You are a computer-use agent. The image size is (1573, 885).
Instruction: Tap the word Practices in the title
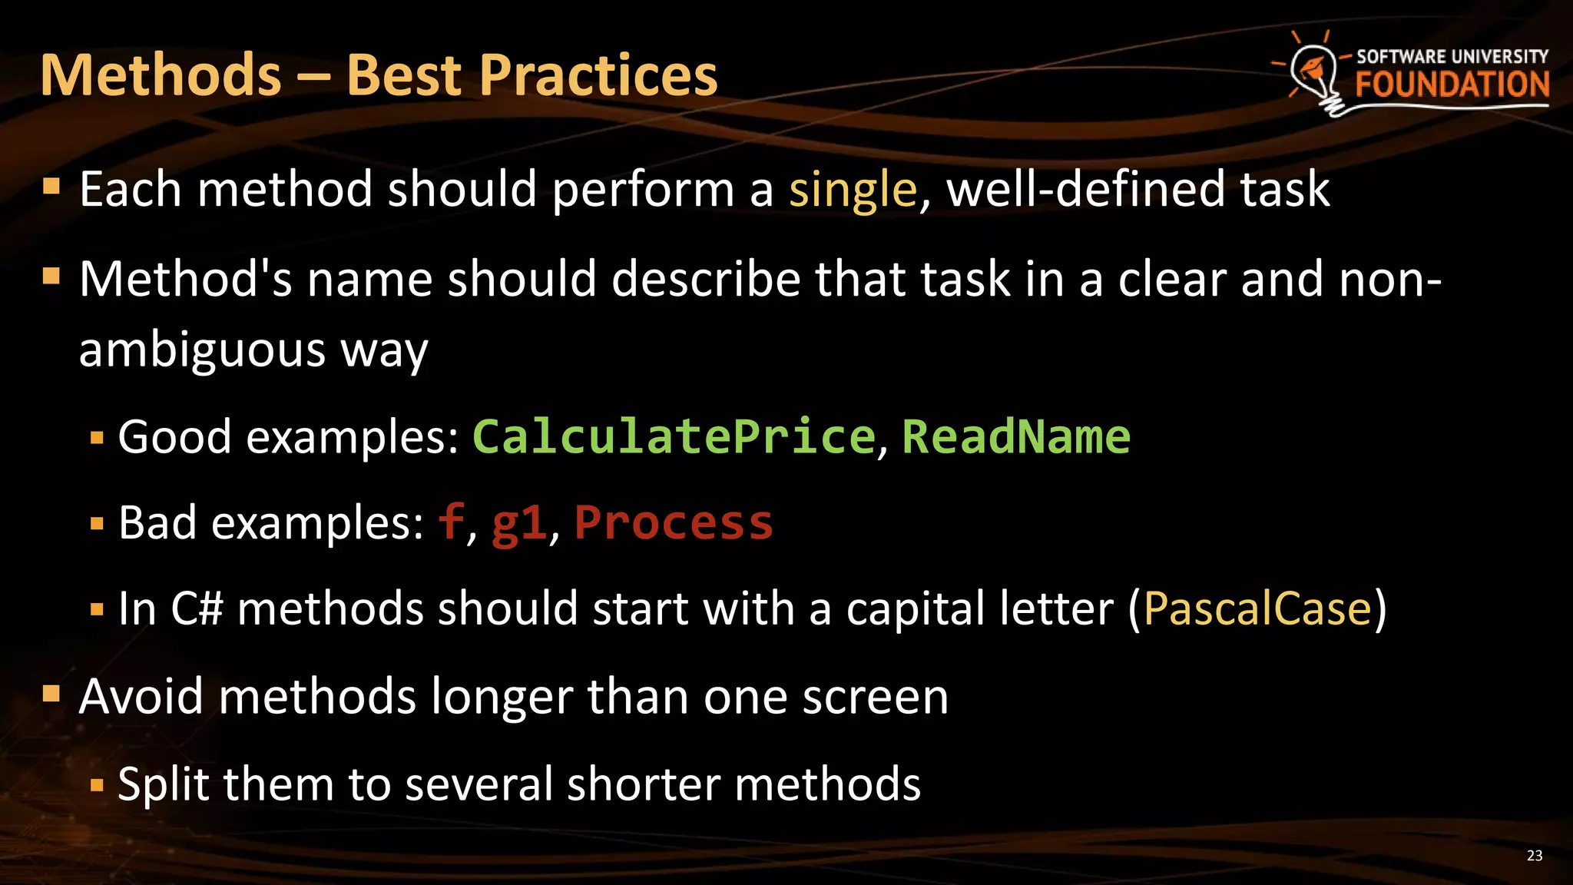pos(598,75)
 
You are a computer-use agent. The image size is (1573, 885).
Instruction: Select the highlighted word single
pos(853,191)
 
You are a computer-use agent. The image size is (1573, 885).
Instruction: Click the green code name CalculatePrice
pos(674,437)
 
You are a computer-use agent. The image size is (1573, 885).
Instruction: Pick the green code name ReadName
pos(1015,437)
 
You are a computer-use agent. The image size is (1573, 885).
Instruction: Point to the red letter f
pos(451,522)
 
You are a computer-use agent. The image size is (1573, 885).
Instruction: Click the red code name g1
pos(518,524)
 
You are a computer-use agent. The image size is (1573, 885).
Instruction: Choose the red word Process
pos(674,523)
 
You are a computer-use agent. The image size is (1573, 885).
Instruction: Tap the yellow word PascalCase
pos(1257,609)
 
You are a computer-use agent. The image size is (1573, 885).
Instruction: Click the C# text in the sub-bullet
pos(197,609)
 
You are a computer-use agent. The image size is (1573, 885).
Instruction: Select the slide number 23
pos(1534,856)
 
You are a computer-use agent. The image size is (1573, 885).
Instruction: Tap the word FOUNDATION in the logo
pos(1452,85)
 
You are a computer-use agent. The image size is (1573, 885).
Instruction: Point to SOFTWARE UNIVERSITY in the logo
pos(1452,56)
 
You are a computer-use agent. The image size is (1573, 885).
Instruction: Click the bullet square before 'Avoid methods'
pos(51,694)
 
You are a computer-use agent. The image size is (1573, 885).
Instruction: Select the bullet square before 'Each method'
pos(51,187)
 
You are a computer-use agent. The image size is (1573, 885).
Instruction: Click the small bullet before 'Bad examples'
pos(97,525)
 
